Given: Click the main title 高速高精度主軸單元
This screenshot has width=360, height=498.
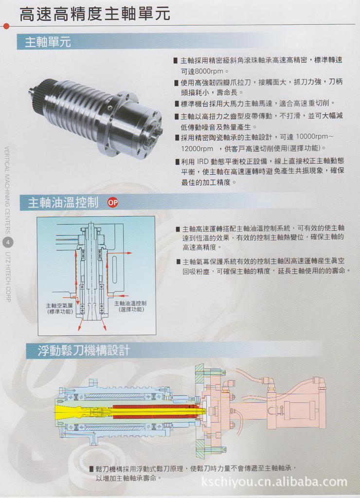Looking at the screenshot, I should pos(95,14).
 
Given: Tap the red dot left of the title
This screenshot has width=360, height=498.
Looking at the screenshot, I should pos(6,25).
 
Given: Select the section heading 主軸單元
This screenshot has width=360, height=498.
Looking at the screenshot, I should pos(48,42).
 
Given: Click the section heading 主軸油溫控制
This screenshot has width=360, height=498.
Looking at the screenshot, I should pos(63,203).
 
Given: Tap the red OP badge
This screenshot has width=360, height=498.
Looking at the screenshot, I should pos(112,203).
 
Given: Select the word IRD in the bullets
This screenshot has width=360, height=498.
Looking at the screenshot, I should pos(203,161).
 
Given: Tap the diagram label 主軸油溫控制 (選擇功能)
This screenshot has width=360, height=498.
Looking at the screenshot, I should pos(130,306).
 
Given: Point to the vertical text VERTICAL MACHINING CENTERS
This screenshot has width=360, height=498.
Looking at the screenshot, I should pos(8,190).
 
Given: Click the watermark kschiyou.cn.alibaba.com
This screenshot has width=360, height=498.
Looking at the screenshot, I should pos(274,482).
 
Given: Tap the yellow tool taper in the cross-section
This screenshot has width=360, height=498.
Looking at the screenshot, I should pos(73,412).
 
